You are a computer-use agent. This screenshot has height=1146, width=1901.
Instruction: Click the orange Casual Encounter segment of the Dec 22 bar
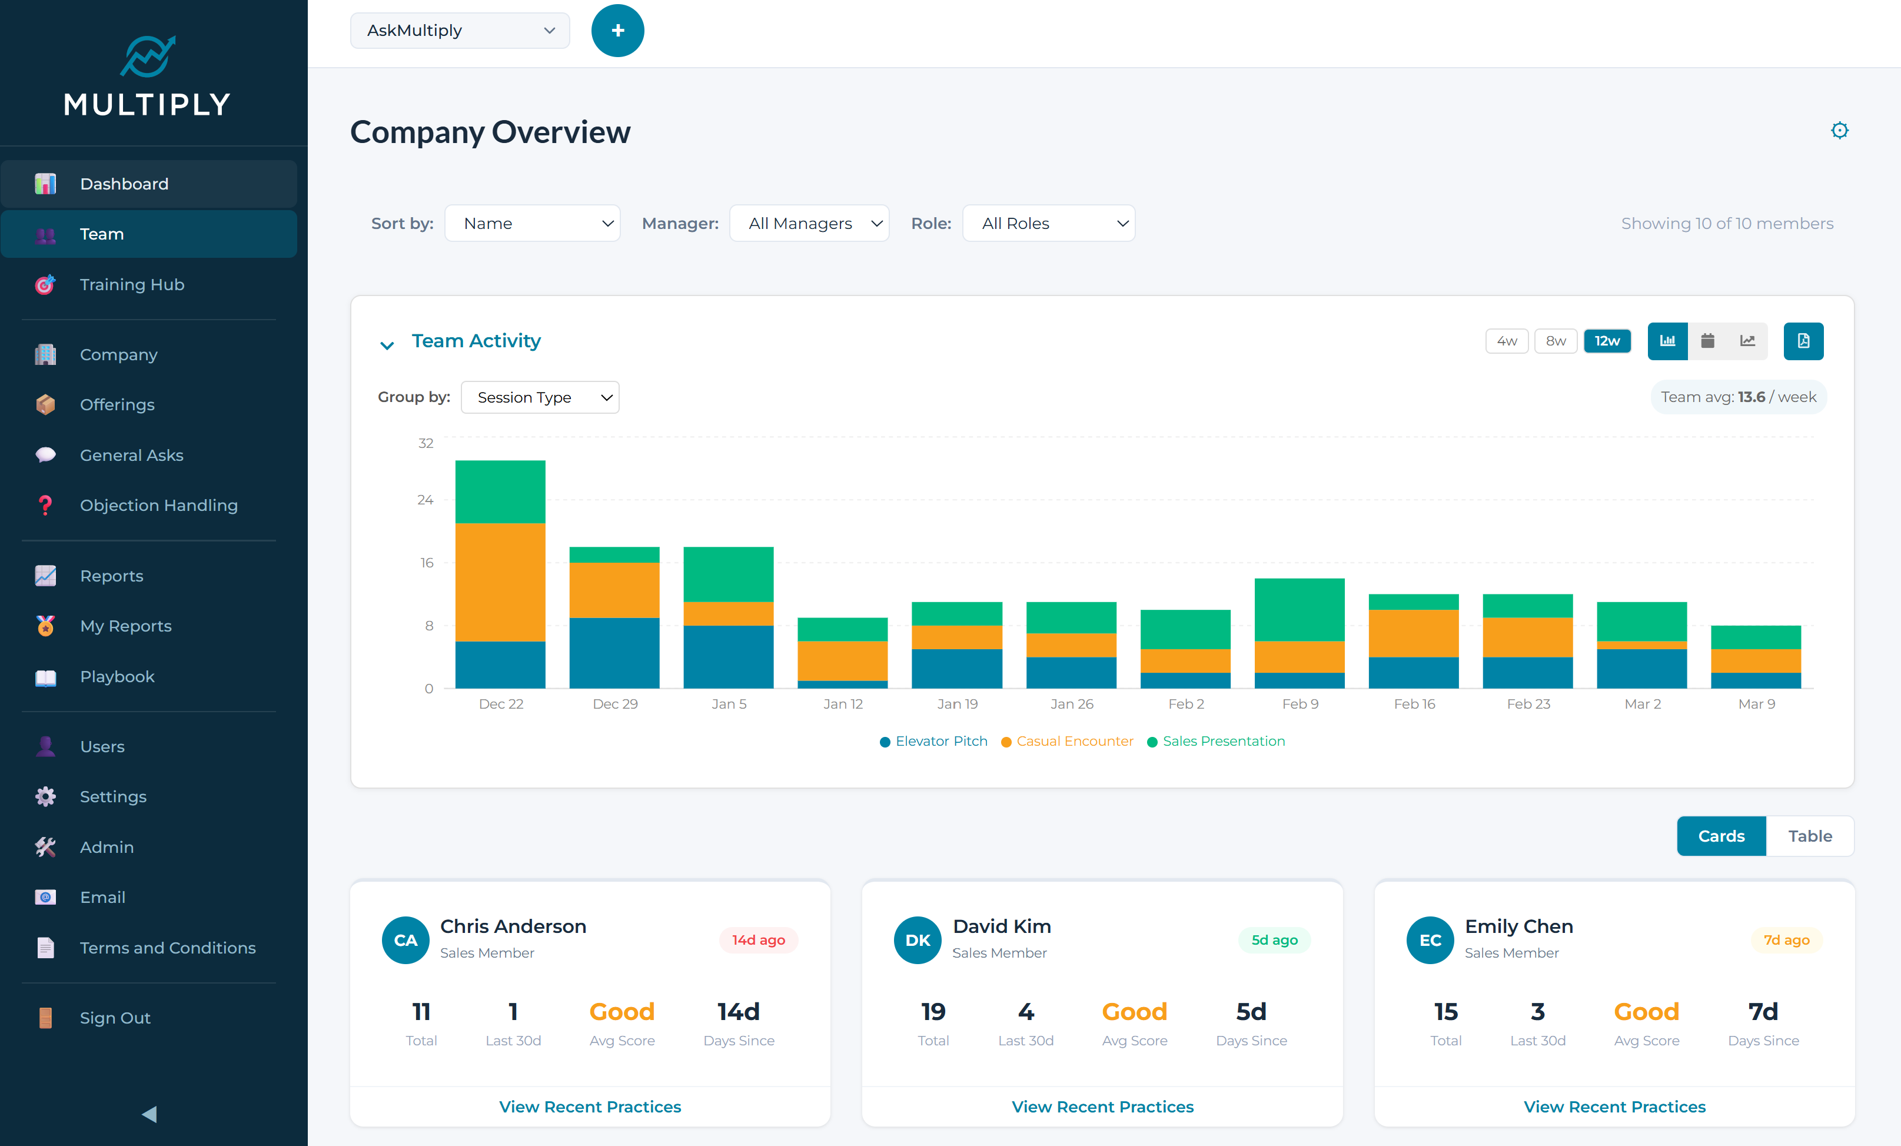tap(500, 582)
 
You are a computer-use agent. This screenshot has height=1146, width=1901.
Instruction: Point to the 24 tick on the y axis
tap(425, 500)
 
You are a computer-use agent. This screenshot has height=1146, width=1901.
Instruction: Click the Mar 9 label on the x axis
tap(1756, 704)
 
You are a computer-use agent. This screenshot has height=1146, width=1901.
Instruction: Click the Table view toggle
tap(1809, 836)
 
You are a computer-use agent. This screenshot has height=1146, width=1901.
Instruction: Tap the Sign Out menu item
tap(115, 1018)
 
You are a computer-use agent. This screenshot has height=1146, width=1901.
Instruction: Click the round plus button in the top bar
tap(617, 31)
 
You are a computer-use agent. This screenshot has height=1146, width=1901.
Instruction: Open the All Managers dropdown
tap(809, 224)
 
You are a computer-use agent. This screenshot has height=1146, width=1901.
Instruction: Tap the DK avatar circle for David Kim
tap(918, 940)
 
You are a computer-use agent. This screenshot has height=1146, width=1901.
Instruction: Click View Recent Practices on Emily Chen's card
tap(1614, 1107)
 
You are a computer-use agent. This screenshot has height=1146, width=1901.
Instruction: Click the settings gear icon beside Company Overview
tap(1839, 131)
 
